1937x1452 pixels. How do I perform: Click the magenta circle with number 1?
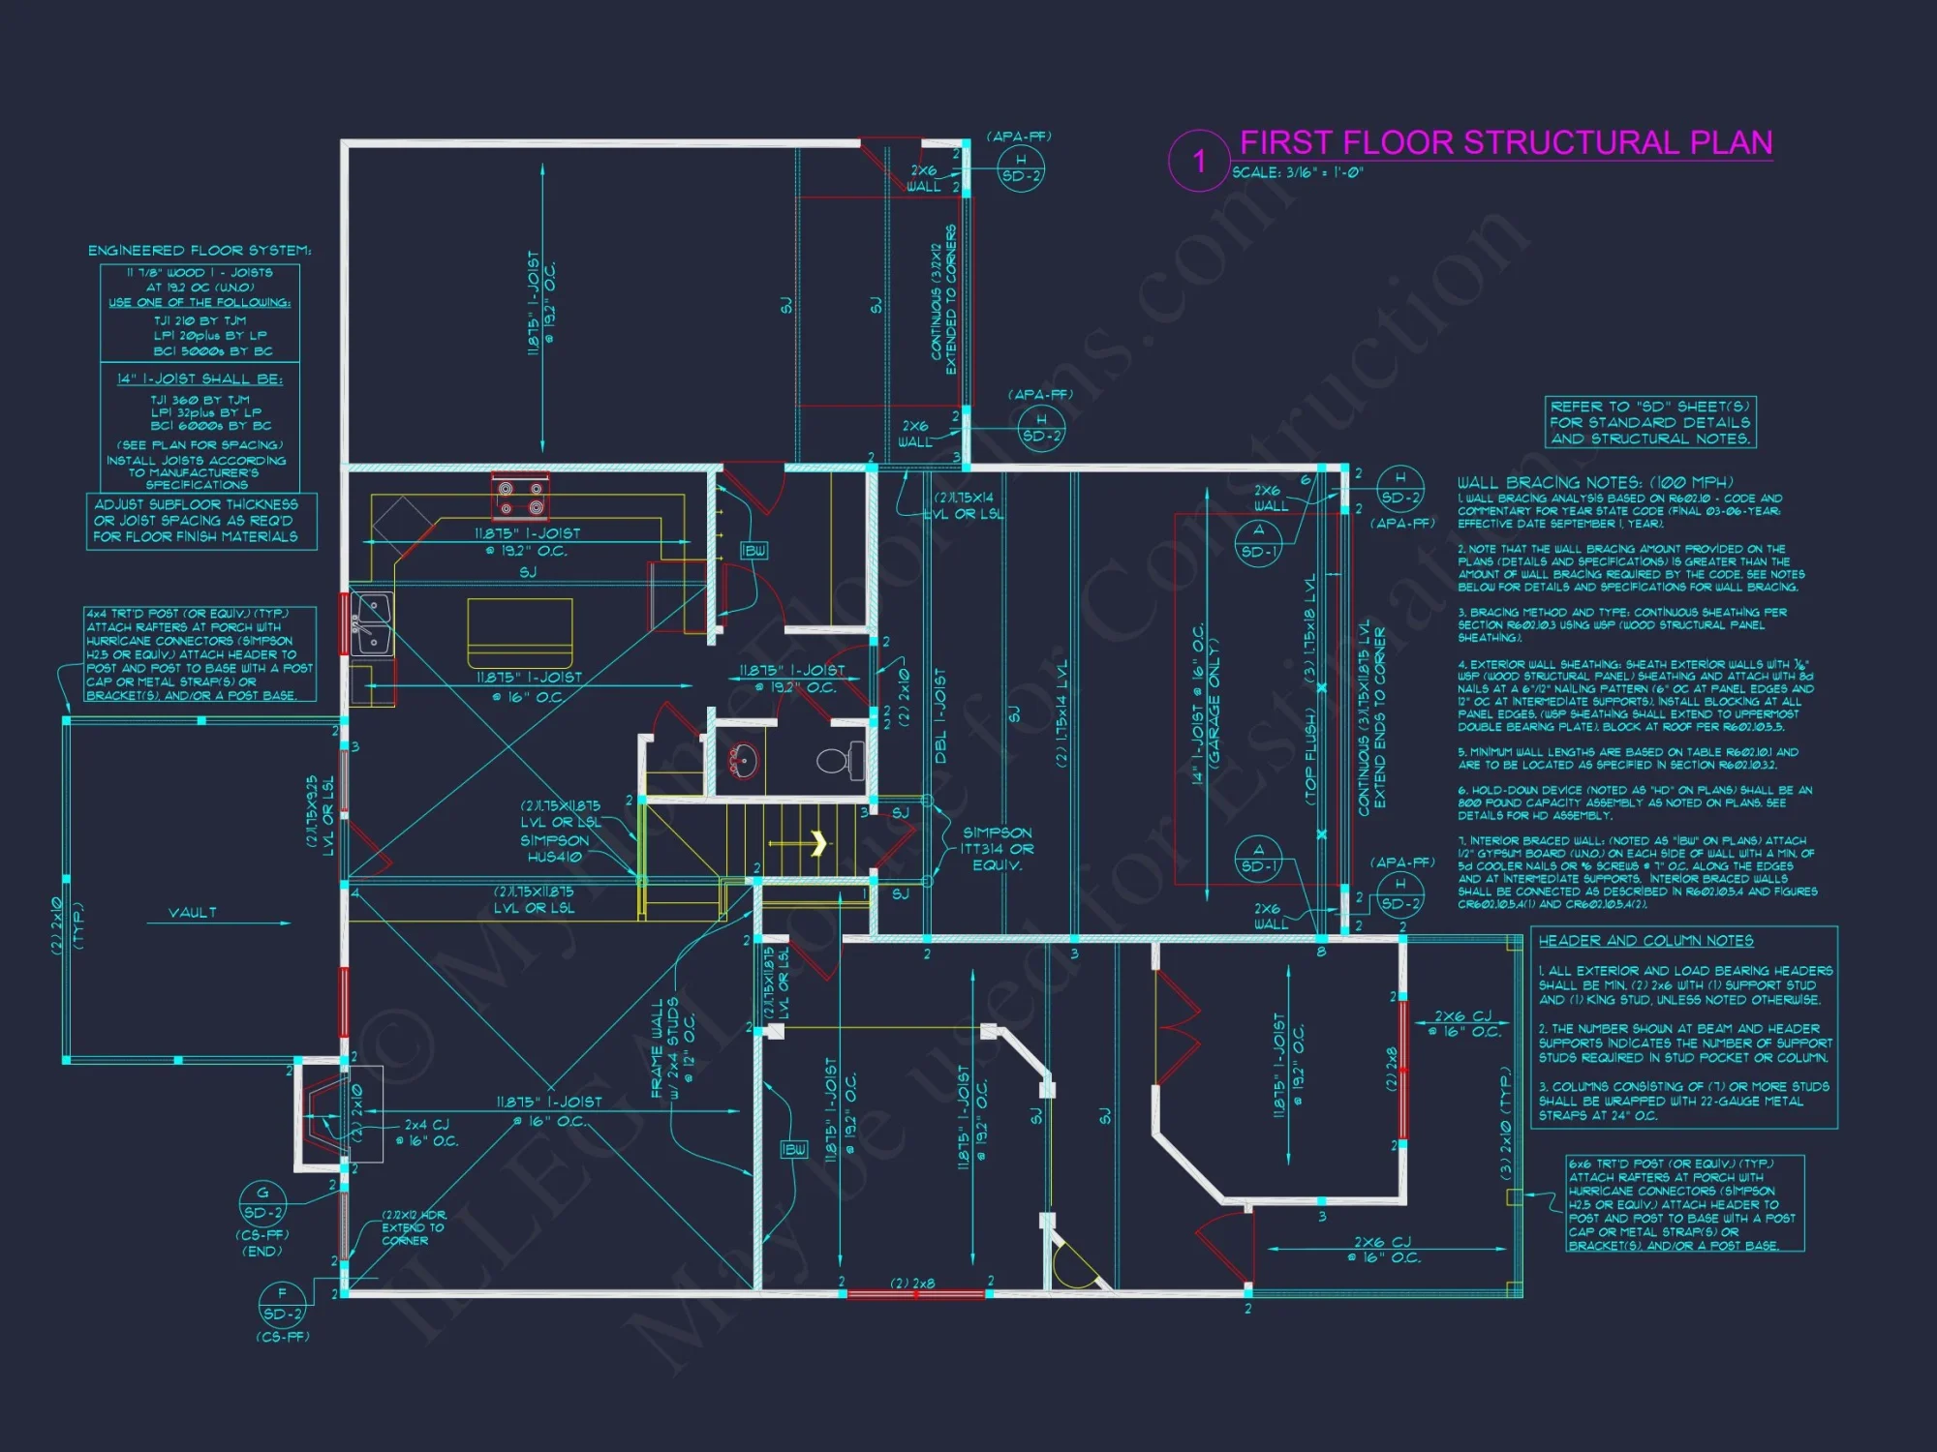tap(1198, 161)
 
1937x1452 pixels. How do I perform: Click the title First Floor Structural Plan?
tap(1506, 143)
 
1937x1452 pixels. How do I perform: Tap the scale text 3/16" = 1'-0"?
tap(1298, 173)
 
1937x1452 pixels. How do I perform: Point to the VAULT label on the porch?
tap(193, 913)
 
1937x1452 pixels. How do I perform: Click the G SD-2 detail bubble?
tap(262, 1203)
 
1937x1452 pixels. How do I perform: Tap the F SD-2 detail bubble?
tap(282, 1304)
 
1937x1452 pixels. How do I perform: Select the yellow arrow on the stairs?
tap(818, 843)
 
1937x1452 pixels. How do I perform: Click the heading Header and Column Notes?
tap(1645, 941)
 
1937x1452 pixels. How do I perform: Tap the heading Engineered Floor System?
tap(200, 251)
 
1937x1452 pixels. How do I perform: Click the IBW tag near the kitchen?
tap(753, 551)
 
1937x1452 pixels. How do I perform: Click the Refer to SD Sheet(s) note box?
tap(1650, 423)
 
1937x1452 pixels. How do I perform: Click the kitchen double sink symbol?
tap(372, 624)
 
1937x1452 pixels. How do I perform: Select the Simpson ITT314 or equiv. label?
tap(997, 849)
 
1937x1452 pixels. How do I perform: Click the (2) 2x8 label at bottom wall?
tap(913, 1284)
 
